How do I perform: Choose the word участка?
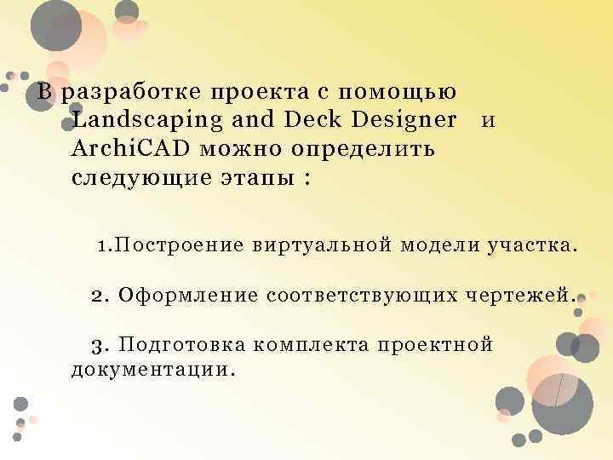[x=531, y=247]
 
